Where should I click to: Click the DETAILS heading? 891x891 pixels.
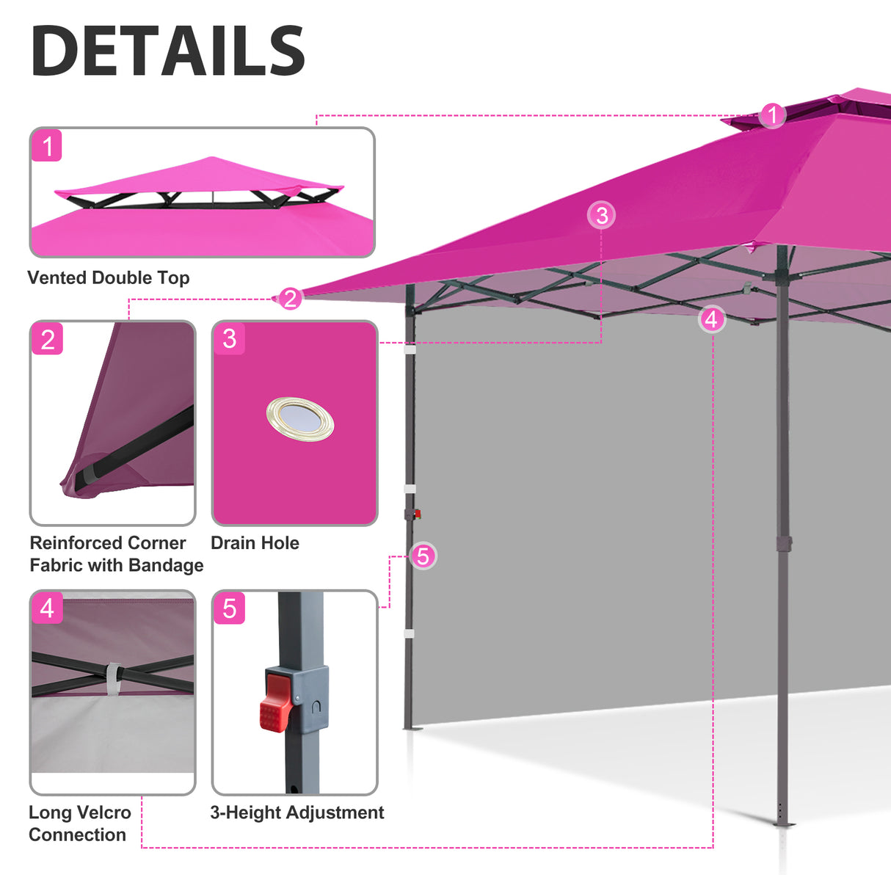(168, 51)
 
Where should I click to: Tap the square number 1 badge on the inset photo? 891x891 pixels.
(47, 146)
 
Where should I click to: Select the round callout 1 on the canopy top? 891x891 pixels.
(771, 115)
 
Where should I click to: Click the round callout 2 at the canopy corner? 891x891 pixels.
(290, 299)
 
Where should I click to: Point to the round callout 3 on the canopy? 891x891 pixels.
(602, 215)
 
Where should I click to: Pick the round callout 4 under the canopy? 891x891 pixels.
(710, 319)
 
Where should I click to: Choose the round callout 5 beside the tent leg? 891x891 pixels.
(423, 556)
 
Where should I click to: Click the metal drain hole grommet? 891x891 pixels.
(299, 419)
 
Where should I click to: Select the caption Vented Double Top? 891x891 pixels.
(109, 277)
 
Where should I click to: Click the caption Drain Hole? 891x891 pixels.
(255, 543)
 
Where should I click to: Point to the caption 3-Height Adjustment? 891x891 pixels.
(297, 812)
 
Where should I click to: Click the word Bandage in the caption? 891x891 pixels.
(170, 565)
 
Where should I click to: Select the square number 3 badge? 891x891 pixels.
(229, 338)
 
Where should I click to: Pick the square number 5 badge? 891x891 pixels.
(229, 608)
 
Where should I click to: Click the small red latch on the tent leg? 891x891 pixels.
(417, 514)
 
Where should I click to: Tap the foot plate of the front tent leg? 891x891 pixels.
(783, 824)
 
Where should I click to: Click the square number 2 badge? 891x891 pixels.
(48, 339)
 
